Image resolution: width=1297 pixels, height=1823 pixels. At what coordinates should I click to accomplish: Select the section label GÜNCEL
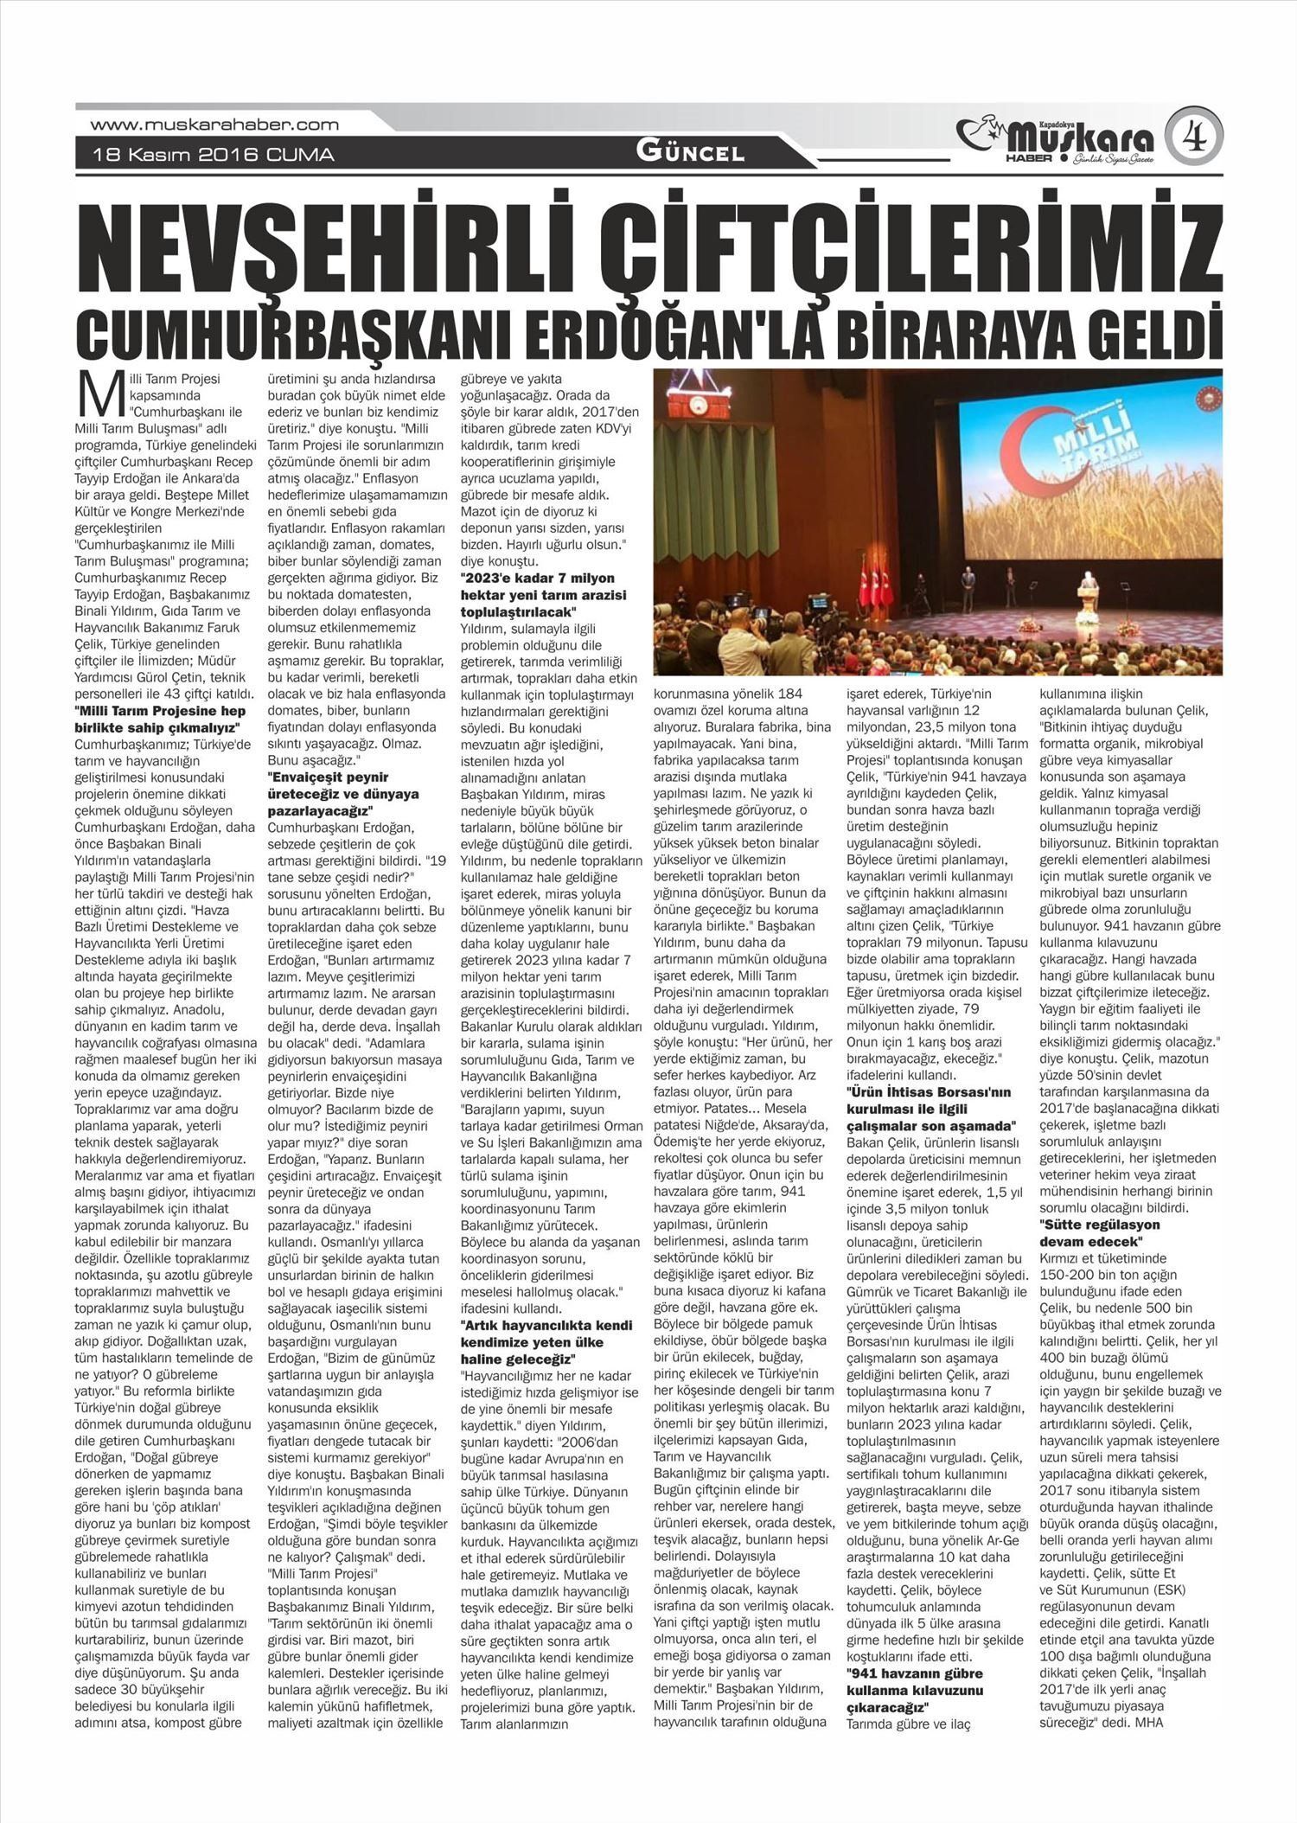690,152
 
